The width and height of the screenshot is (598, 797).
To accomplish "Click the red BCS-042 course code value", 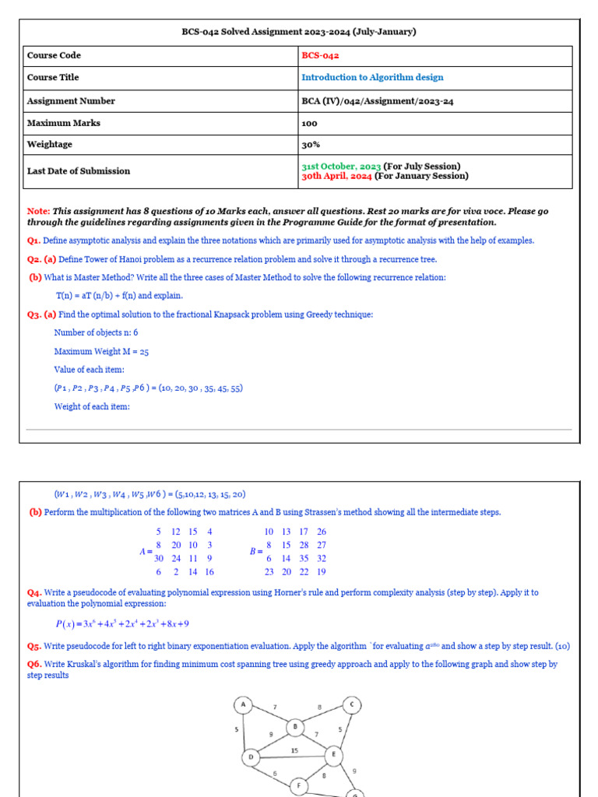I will [320, 56].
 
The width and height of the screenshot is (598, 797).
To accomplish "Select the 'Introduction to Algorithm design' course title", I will [372, 78].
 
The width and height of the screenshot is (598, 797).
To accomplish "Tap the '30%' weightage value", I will [311, 145].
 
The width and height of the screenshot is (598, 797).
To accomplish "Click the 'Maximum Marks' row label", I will [64, 123].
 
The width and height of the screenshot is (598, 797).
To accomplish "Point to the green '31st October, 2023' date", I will [341, 167].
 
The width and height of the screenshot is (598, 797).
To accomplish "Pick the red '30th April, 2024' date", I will [337, 176].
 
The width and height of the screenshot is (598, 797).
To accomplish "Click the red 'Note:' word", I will [38, 212].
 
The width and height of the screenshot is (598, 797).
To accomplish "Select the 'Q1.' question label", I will [34, 241].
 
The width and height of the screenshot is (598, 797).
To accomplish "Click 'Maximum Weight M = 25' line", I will [101, 352].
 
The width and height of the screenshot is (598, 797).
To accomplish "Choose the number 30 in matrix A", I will [159, 558].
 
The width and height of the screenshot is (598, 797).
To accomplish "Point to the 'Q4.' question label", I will [34, 593].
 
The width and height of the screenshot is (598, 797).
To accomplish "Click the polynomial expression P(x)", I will [122, 623].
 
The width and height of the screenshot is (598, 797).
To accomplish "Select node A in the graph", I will [244, 705].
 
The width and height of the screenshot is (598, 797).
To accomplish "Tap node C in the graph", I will [352, 705].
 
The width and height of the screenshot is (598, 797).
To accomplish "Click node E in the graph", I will [333, 754].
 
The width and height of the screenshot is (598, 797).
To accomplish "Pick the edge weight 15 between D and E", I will [294, 750].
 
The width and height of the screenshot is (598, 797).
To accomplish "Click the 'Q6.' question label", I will [34, 665].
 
